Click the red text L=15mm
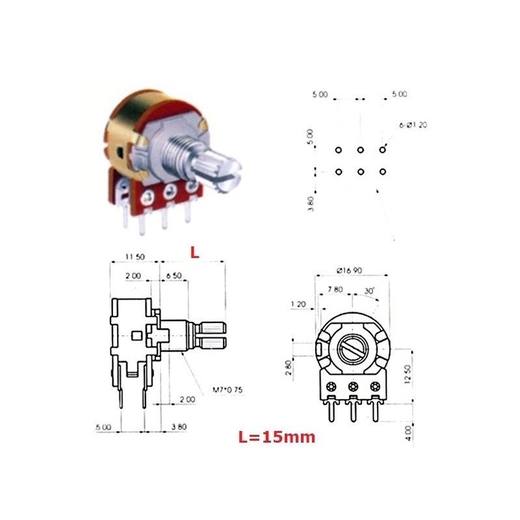click(x=276, y=437)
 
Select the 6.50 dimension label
click(x=174, y=276)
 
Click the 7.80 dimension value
click(x=335, y=289)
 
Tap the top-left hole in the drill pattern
click(x=339, y=151)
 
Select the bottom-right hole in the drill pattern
click(x=382, y=172)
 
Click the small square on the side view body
click(x=136, y=336)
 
